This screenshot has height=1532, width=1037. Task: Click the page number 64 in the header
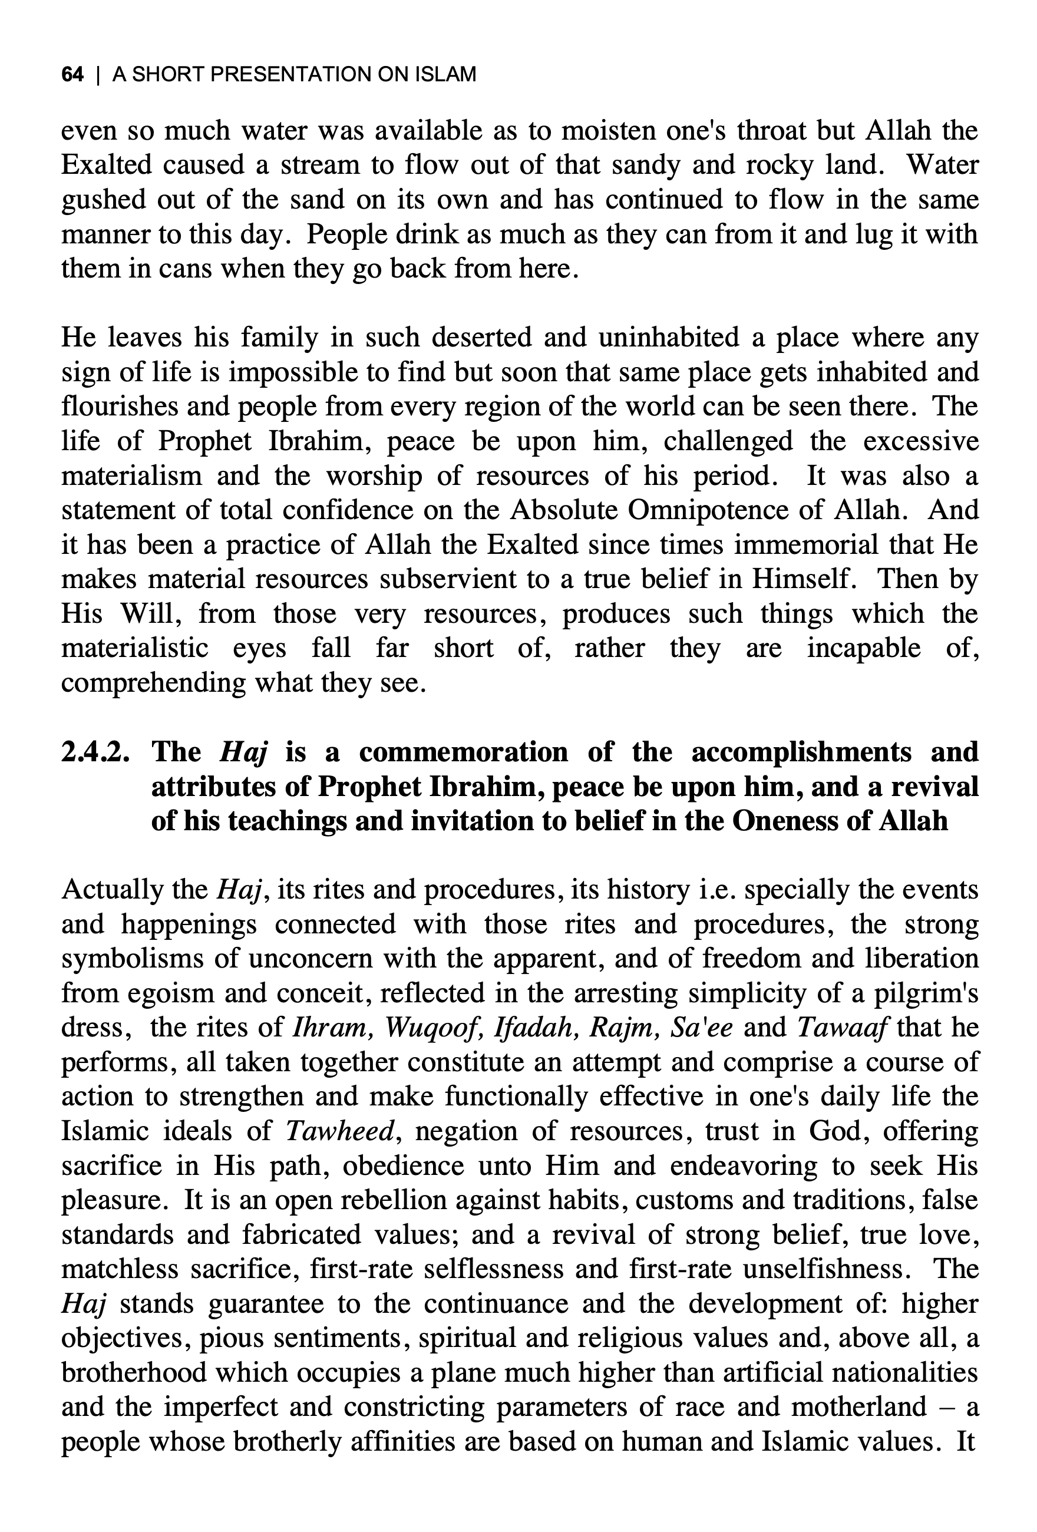point(72,74)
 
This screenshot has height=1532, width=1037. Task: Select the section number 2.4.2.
point(95,752)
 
